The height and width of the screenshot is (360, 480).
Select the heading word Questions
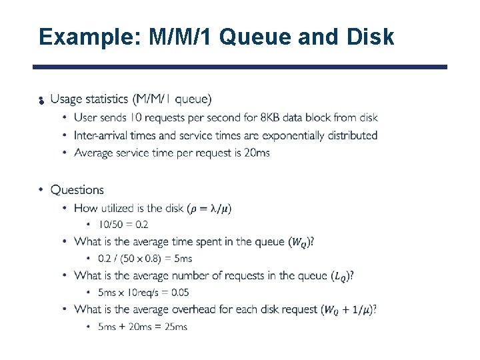pos(77,190)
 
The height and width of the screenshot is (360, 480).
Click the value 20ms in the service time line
pos(257,153)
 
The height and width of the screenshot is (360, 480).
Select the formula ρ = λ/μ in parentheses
pos(209,209)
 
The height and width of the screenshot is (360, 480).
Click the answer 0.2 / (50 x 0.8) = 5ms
pos(145,258)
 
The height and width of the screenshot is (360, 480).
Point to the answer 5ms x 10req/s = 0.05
pos(143,292)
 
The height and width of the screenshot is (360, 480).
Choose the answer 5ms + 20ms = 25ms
pos(142,326)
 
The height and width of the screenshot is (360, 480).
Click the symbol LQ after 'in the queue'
pos(340,276)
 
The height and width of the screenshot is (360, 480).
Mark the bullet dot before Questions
pos(41,190)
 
